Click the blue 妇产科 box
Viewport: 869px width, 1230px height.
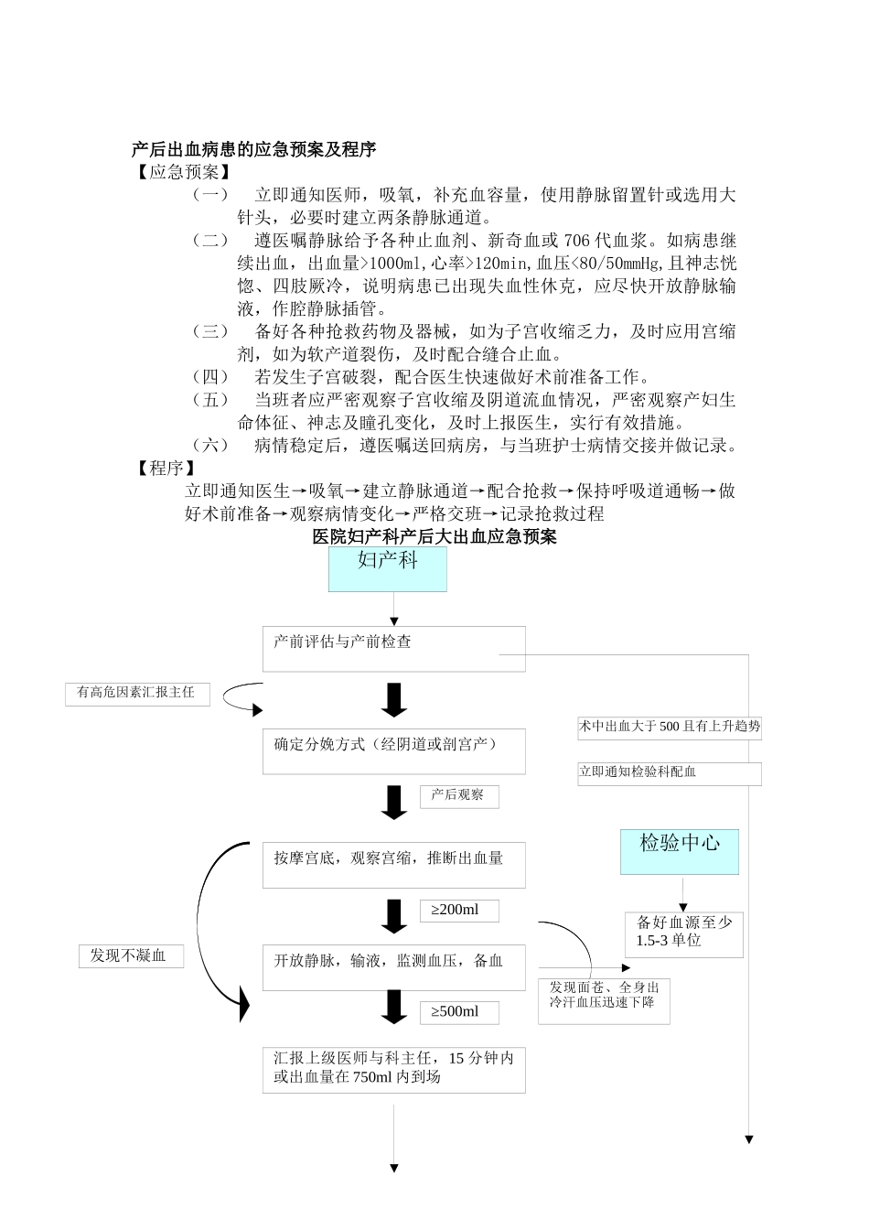coord(388,568)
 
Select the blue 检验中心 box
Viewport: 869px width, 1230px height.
coord(680,851)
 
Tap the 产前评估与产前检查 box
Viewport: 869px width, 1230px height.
coord(393,649)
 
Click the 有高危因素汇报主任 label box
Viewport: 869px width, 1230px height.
coord(137,694)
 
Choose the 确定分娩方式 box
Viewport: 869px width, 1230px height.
coord(393,751)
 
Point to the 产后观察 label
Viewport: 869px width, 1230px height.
coord(458,795)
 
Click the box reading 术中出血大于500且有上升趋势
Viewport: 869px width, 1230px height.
coord(669,727)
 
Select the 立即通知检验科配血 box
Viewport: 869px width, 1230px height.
coord(669,773)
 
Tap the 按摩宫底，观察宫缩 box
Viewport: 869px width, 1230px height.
coord(393,865)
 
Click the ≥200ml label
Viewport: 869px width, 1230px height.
coord(459,911)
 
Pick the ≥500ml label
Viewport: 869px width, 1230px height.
coord(459,1012)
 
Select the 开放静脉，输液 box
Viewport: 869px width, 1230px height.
coord(393,967)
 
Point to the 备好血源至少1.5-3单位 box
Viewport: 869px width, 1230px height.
coord(683,933)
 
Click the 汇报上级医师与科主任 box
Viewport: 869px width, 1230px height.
coord(393,1069)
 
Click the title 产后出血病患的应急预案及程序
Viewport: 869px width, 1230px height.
coord(254,149)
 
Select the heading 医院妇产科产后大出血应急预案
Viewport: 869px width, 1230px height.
coord(434,537)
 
